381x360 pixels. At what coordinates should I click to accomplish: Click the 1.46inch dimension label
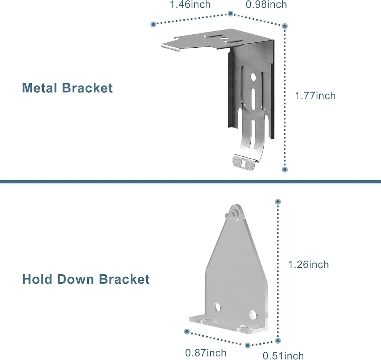tap(190, 4)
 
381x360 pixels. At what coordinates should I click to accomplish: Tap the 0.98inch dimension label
tap(266, 4)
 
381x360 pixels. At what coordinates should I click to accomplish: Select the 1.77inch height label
tap(315, 96)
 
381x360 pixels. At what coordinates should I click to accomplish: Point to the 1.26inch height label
tap(308, 264)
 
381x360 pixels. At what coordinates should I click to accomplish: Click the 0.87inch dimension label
tap(206, 352)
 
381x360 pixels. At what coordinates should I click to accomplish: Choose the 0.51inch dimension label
tap(283, 356)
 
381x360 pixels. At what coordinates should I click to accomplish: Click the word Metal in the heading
tap(40, 88)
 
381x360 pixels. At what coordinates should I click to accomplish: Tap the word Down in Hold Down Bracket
tap(75, 279)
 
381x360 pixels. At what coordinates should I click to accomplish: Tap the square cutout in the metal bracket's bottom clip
tap(243, 163)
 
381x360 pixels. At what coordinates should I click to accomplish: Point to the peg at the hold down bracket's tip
tap(229, 214)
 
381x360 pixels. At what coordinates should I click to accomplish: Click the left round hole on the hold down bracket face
tap(217, 307)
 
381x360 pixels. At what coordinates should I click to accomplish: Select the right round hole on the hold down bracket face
tap(253, 315)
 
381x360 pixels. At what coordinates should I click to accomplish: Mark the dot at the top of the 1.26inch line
tap(278, 202)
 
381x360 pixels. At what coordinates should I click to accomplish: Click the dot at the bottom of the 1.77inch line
tap(285, 169)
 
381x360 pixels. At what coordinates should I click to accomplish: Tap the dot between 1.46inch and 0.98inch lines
tap(231, 13)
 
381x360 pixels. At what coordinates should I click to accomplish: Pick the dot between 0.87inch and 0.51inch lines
tap(248, 345)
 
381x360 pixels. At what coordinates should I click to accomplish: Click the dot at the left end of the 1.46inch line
tap(153, 24)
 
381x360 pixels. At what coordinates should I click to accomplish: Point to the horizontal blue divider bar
tap(190, 182)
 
